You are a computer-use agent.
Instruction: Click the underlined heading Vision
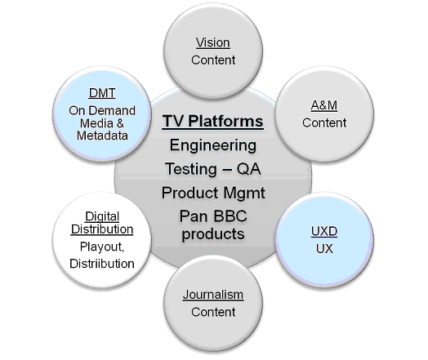pos(212,42)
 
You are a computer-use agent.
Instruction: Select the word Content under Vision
pos(212,60)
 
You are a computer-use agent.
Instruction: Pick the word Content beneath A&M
pos(323,123)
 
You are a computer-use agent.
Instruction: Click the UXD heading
pos(325,232)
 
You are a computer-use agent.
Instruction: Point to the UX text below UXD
pos(325,248)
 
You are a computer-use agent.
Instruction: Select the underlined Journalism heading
pos(212,295)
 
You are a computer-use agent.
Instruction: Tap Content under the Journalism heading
pos(212,312)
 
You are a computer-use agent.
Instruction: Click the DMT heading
pos(101,93)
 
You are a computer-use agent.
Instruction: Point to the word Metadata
pos(101,136)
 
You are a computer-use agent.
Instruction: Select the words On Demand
pos(101,110)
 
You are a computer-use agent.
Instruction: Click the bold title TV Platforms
pos(212,122)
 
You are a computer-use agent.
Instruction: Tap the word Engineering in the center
pos(212,145)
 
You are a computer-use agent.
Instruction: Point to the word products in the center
pos(212,233)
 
